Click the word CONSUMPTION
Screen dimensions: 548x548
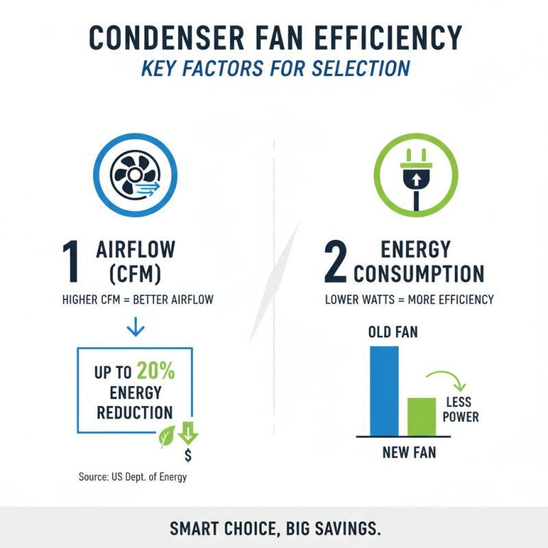click(419, 273)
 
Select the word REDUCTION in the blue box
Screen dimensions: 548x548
click(134, 413)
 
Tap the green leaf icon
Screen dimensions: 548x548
click(166, 436)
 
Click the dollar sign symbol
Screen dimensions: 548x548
click(188, 456)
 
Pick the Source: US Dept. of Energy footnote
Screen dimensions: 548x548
click(133, 477)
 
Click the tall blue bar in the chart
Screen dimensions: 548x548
click(384, 391)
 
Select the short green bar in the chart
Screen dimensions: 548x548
click(421, 416)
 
